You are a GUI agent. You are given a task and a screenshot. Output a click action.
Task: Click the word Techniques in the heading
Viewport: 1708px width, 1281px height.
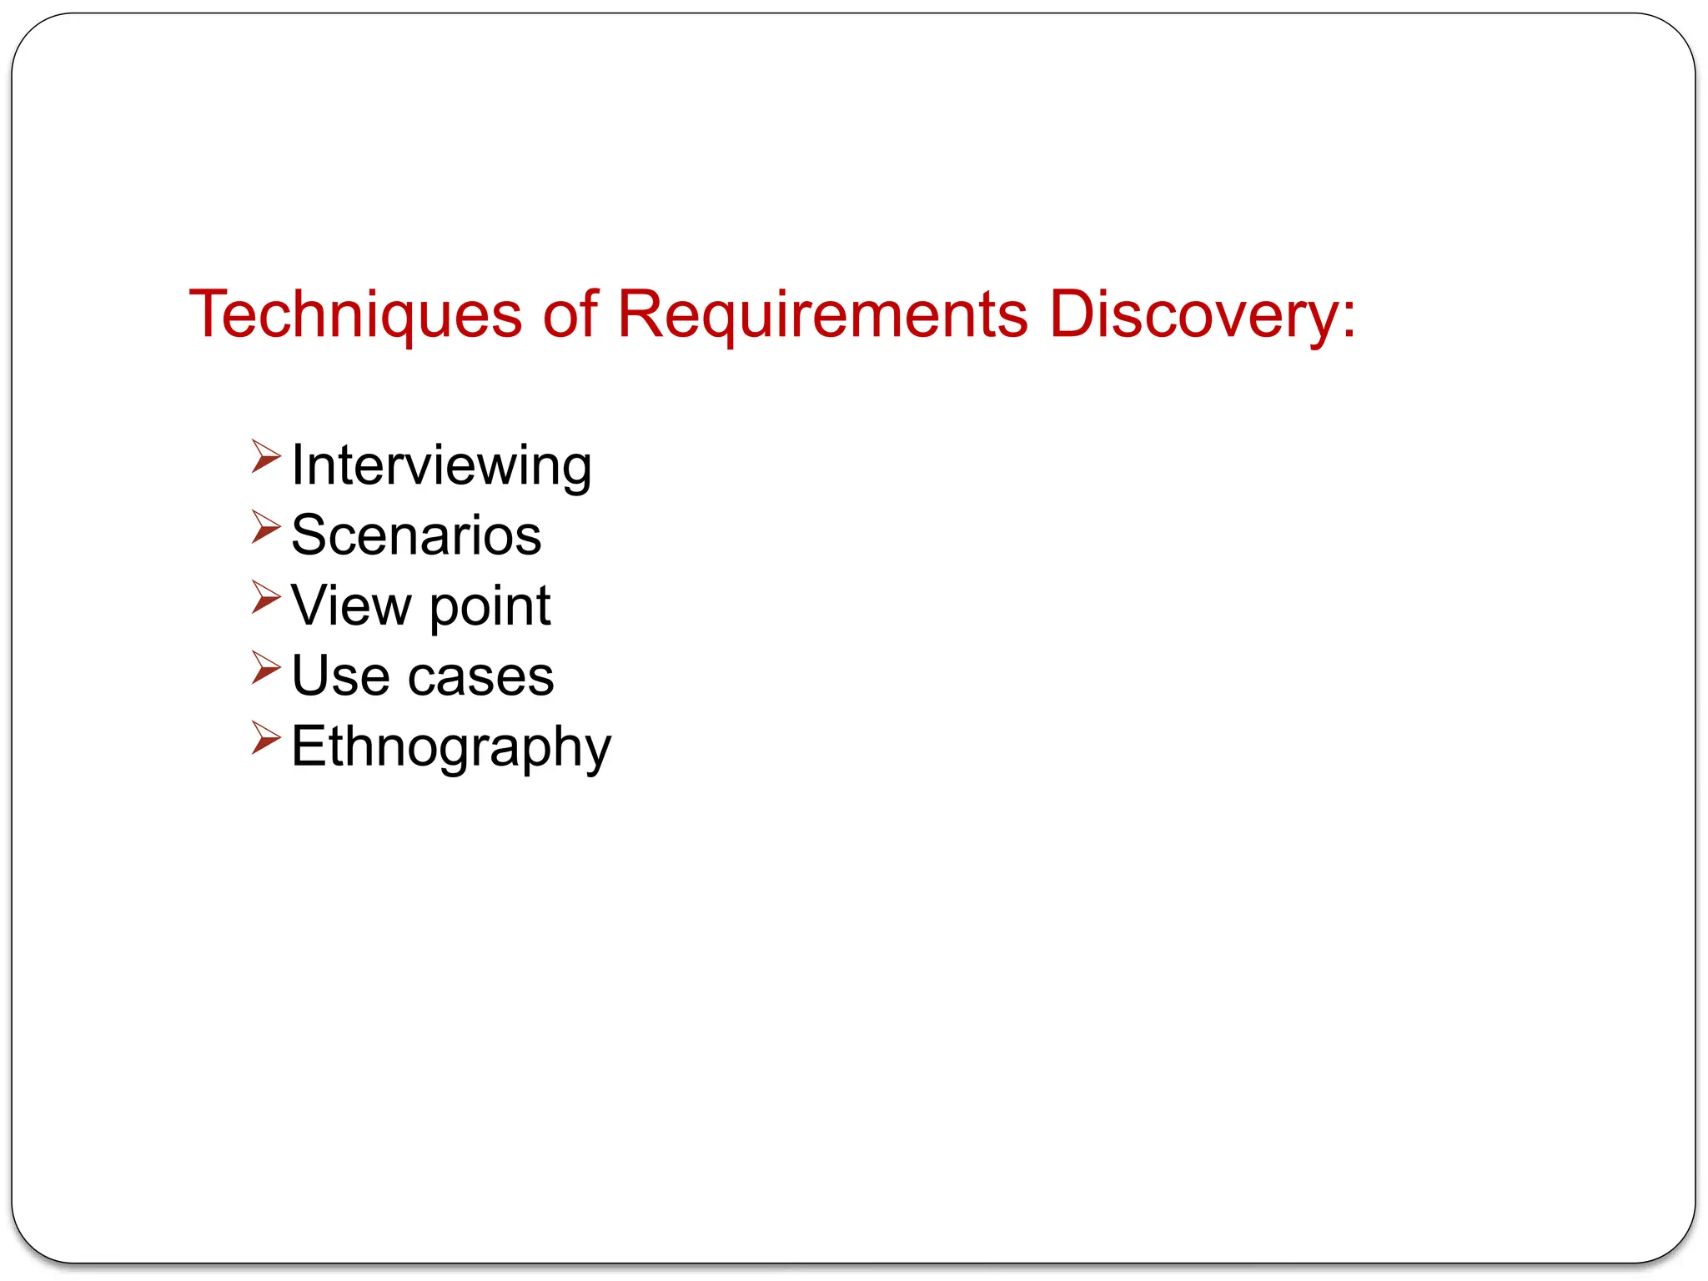pos(355,315)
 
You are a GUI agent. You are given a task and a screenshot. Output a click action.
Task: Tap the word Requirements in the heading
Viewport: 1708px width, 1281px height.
pos(822,315)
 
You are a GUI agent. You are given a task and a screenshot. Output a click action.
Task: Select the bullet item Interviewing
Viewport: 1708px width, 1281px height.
pos(441,465)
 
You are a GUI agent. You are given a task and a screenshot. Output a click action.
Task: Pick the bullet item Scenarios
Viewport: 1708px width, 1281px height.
pos(416,535)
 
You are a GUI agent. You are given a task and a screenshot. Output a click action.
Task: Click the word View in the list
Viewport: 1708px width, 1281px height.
pos(351,605)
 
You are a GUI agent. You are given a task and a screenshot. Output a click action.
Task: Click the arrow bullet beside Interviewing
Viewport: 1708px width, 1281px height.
pos(266,456)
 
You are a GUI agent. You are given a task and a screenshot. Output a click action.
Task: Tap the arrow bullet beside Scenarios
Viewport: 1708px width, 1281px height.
pos(266,527)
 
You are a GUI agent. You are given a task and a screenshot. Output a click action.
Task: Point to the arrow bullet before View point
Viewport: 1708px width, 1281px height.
pos(266,597)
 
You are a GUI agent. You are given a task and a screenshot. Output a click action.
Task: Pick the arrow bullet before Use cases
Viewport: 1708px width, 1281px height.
pos(266,668)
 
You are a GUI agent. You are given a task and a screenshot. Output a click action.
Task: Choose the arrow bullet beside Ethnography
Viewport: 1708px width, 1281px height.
pos(266,738)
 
